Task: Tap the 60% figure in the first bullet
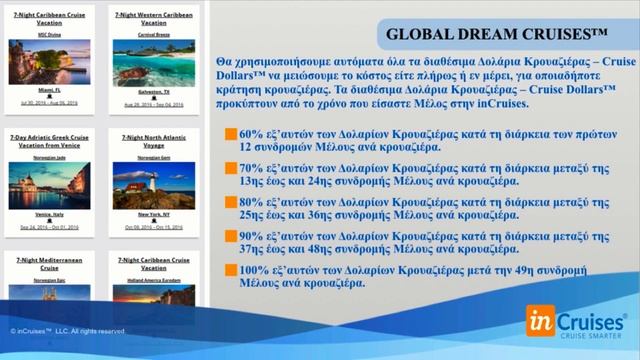(250, 133)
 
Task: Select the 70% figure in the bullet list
(250, 170)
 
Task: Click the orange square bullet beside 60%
(231, 133)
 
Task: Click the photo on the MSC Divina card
(49, 62)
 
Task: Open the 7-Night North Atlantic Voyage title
(152, 141)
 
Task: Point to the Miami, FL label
(49, 89)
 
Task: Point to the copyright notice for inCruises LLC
(68, 331)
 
